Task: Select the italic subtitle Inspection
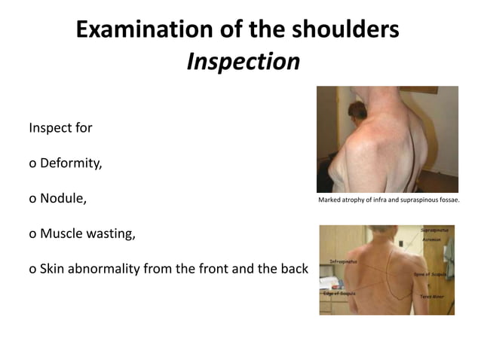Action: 243,62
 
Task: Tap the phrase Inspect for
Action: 60,127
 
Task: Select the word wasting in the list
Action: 113,233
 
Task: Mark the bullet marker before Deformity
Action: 32,163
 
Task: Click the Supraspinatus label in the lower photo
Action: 435,228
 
